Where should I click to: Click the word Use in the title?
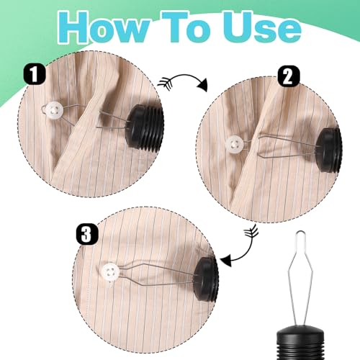261,27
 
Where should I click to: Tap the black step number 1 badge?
35,73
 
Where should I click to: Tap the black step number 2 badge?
289,76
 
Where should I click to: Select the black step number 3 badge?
87,233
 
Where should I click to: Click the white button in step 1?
55,110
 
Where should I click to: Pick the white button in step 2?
234,145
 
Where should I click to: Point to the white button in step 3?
110,272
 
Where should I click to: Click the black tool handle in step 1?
145,128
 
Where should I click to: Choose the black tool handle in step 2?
328,150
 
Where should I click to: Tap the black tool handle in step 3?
207,280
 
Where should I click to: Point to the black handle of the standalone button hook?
300,345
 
